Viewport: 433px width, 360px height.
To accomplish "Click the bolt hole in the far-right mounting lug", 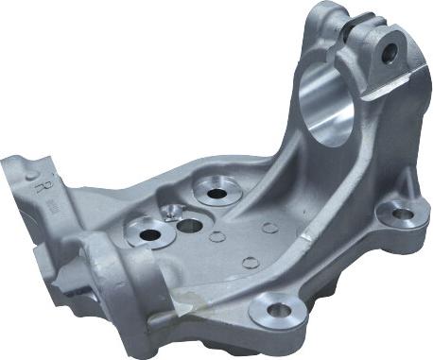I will (401, 214).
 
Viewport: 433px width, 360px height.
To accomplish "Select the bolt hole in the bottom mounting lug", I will (277, 309).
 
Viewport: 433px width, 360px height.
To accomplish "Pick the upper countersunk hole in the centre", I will (216, 194).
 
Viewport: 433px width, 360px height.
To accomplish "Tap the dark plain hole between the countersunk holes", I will (190, 227).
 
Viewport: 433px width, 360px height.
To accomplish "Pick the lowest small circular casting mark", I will (249, 263).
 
